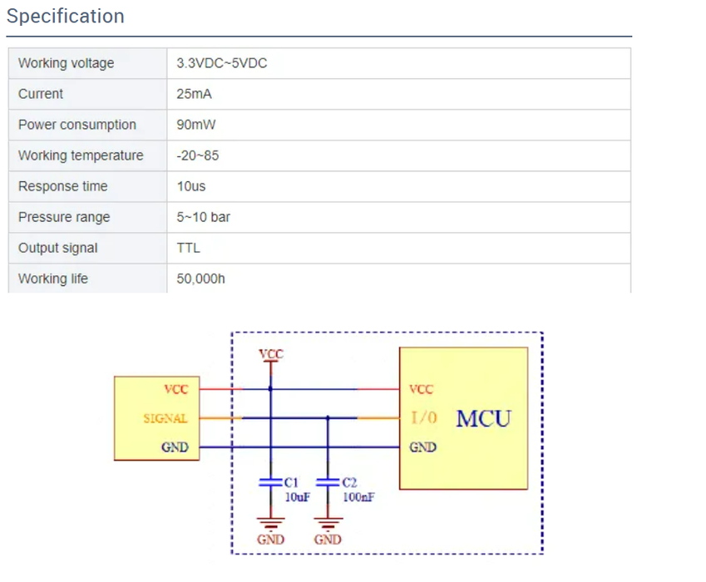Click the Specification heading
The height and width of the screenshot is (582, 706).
[x=66, y=16]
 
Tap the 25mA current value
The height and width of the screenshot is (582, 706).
[x=194, y=94]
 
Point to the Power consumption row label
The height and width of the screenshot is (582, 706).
[x=77, y=125]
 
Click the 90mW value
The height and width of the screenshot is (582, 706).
[x=196, y=125]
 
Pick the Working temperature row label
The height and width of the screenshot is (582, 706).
[x=81, y=155]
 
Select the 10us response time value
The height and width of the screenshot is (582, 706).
[x=191, y=186]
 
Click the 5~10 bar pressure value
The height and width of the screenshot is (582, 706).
[x=203, y=217]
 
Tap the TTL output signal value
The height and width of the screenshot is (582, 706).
[x=188, y=248]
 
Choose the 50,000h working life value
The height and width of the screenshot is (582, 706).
[x=200, y=279]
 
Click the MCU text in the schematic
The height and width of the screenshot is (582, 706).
[x=484, y=418]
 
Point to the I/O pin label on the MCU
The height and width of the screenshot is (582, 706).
[x=424, y=417]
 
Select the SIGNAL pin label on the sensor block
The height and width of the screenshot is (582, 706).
[x=165, y=418]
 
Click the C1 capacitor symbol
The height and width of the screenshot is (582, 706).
[x=270, y=482]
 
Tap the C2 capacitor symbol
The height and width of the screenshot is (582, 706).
[x=328, y=482]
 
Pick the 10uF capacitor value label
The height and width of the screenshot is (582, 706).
[x=297, y=497]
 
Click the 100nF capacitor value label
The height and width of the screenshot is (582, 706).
[x=358, y=497]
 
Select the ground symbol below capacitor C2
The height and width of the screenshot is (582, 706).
[x=328, y=524]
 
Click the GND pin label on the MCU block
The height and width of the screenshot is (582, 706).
[x=422, y=447]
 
